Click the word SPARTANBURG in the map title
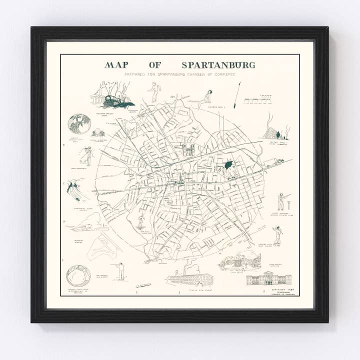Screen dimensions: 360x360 218,65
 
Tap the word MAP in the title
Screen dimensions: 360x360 119,65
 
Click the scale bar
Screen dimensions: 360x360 260,100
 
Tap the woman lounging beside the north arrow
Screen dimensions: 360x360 205,98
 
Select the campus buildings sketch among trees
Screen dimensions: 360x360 239,260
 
